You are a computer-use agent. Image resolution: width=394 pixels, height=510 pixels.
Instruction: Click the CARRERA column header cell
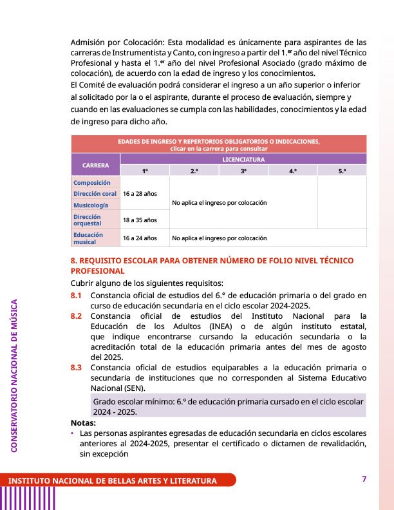[x=95, y=165]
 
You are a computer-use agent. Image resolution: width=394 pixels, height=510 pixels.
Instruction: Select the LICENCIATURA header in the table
[x=243, y=158]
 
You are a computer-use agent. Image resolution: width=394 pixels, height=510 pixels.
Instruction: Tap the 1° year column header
[x=145, y=171]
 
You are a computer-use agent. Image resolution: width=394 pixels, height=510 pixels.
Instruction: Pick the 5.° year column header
[x=341, y=171]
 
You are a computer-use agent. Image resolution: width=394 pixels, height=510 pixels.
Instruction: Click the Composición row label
[x=92, y=183]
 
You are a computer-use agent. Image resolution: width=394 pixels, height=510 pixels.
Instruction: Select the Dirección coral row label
[x=95, y=194]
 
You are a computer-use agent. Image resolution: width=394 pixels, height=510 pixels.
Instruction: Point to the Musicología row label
[x=91, y=205]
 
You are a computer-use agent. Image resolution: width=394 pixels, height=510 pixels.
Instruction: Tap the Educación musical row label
[x=88, y=238]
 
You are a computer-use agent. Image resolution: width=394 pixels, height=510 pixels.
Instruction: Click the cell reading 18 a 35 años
[x=140, y=220]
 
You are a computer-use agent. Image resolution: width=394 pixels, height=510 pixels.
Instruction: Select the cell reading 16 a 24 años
[x=140, y=238]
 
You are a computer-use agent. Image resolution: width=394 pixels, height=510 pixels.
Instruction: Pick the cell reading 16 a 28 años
[x=140, y=194]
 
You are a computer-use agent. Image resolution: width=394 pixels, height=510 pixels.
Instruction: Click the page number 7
[x=364, y=479]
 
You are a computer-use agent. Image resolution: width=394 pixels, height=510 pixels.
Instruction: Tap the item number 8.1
[x=77, y=296]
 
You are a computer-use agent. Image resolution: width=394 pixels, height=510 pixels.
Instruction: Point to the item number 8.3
[x=77, y=368]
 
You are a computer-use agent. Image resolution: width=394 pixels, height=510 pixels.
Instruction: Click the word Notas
[x=83, y=423]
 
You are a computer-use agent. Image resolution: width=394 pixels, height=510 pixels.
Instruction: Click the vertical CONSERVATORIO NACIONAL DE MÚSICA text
[x=15, y=373]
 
